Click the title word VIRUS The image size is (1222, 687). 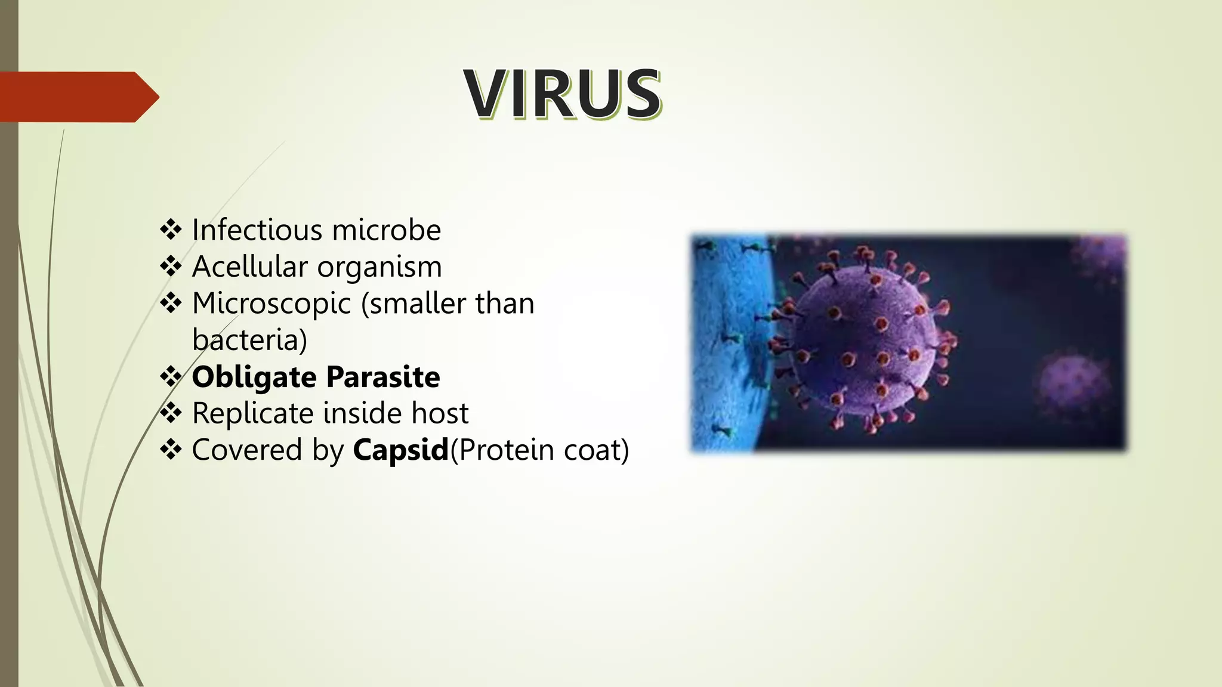point(562,94)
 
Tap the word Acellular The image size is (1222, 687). point(250,267)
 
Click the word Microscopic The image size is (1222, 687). point(271,304)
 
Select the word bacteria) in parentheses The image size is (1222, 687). point(249,340)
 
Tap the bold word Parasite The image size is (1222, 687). point(382,377)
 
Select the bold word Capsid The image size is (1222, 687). point(400,450)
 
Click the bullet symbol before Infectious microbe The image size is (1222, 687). point(171,230)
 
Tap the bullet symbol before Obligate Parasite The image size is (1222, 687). point(171,376)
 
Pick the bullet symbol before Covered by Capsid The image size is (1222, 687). point(171,449)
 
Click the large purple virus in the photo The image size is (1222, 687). point(862,340)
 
